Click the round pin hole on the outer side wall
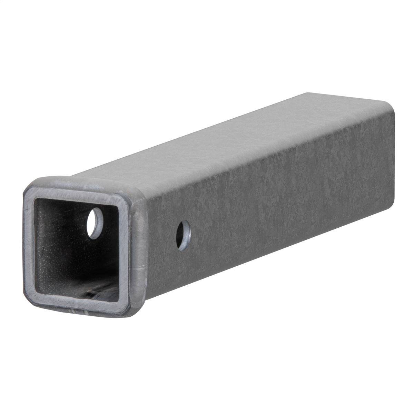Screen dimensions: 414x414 tap(183, 235)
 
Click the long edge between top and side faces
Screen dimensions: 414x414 tap(269, 152)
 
